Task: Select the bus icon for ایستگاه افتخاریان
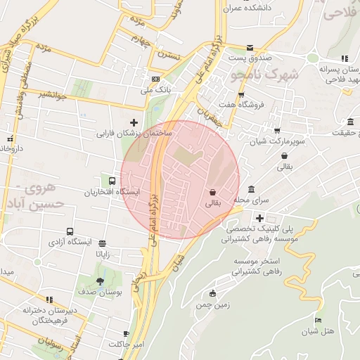click(x=112, y=181)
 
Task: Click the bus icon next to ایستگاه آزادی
click(x=70, y=231)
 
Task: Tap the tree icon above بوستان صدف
click(x=101, y=281)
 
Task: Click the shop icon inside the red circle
click(x=212, y=192)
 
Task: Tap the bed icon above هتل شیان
click(x=318, y=321)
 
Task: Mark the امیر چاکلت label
click(x=126, y=344)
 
